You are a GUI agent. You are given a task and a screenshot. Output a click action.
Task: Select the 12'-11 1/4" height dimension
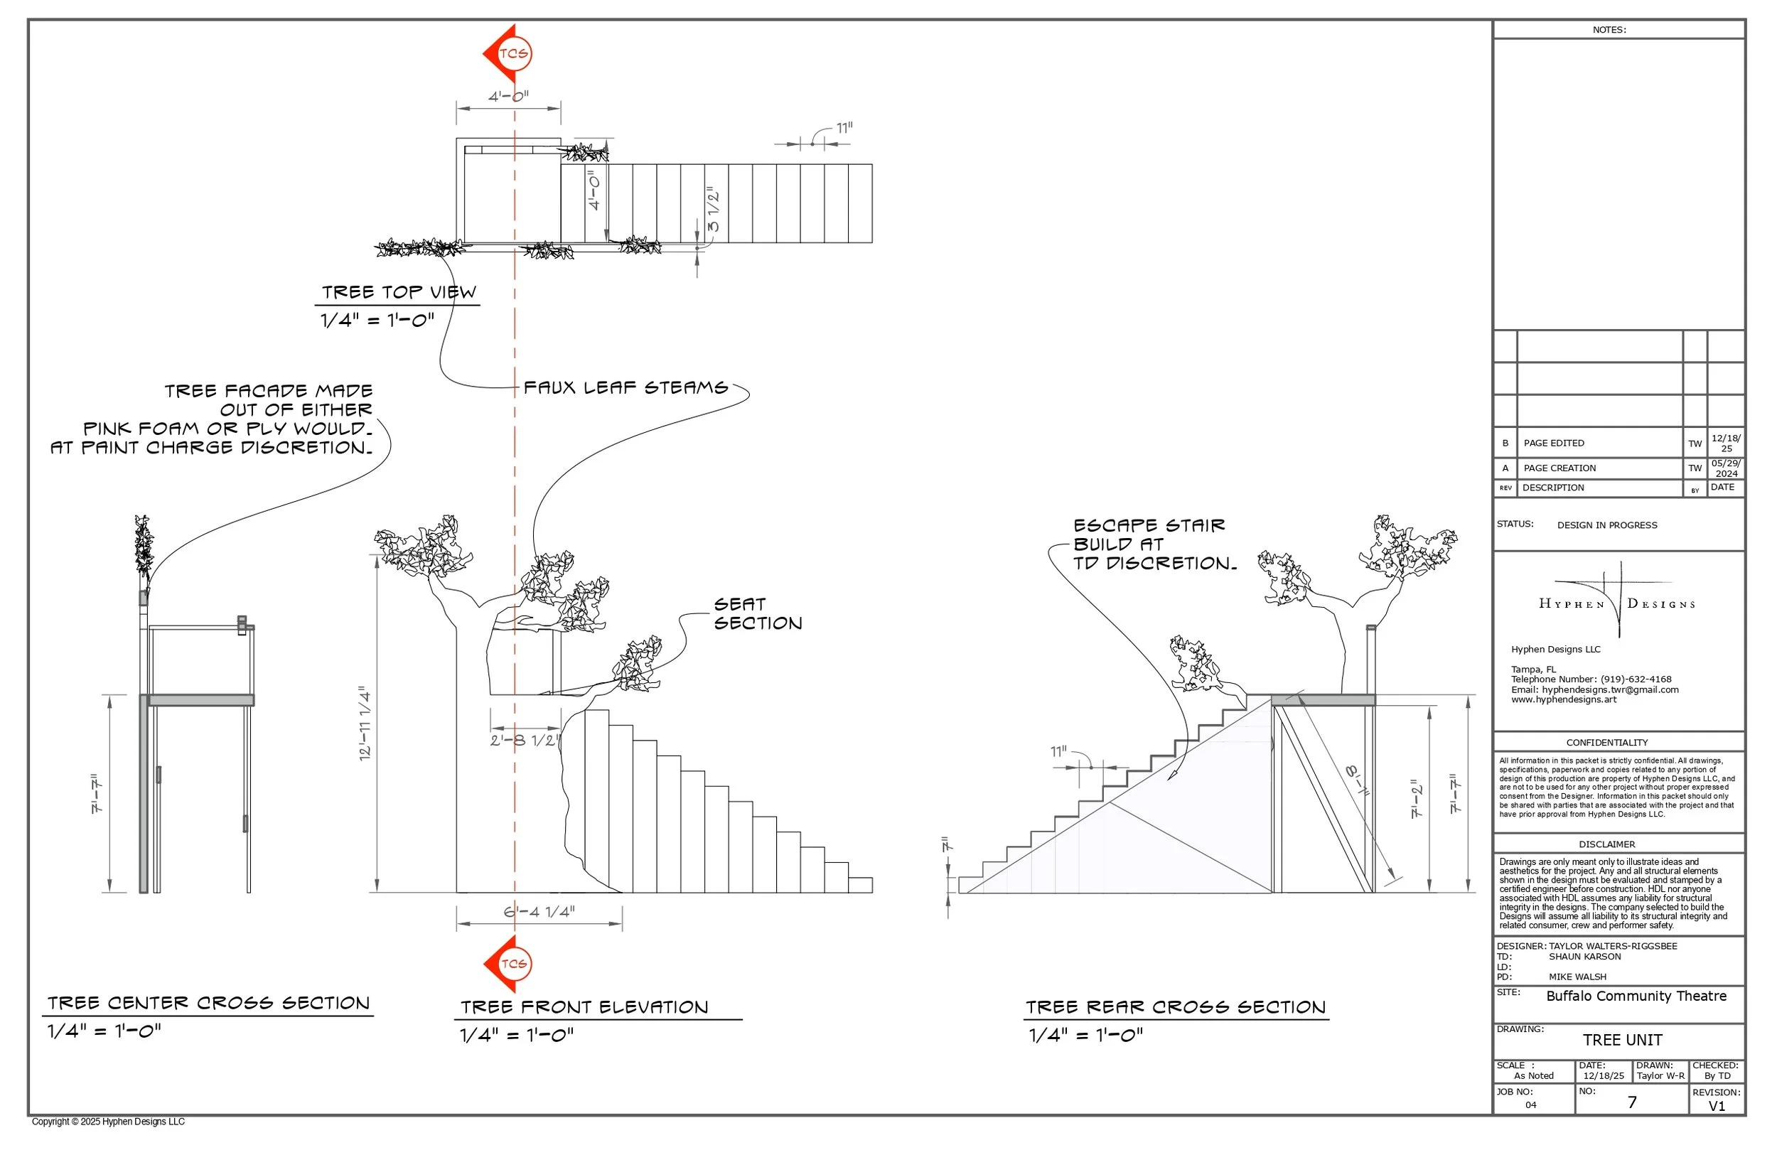(365, 723)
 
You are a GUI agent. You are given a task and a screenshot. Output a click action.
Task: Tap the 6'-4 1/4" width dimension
(538, 912)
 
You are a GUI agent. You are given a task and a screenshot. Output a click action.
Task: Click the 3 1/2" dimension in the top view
(714, 210)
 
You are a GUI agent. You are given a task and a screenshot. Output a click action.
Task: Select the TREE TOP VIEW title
(399, 292)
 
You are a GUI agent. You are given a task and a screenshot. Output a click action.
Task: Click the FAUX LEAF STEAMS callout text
(625, 387)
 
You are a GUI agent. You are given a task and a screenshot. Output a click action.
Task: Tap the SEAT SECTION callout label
(757, 614)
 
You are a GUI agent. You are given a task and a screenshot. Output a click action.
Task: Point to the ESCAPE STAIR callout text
(1153, 544)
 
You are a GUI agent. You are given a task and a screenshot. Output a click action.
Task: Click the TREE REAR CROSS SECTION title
(1175, 1007)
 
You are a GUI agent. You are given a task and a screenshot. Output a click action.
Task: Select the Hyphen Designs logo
(1616, 602)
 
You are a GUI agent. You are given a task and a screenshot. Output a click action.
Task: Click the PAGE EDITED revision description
(1554, 443)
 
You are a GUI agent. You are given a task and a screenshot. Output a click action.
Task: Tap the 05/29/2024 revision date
(1726, 468)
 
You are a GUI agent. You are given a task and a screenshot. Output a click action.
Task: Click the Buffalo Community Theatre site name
(1636, 996)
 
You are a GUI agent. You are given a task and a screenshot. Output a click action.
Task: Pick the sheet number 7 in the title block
(1632, 1102)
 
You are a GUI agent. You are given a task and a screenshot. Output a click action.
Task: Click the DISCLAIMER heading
(1607, 844)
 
